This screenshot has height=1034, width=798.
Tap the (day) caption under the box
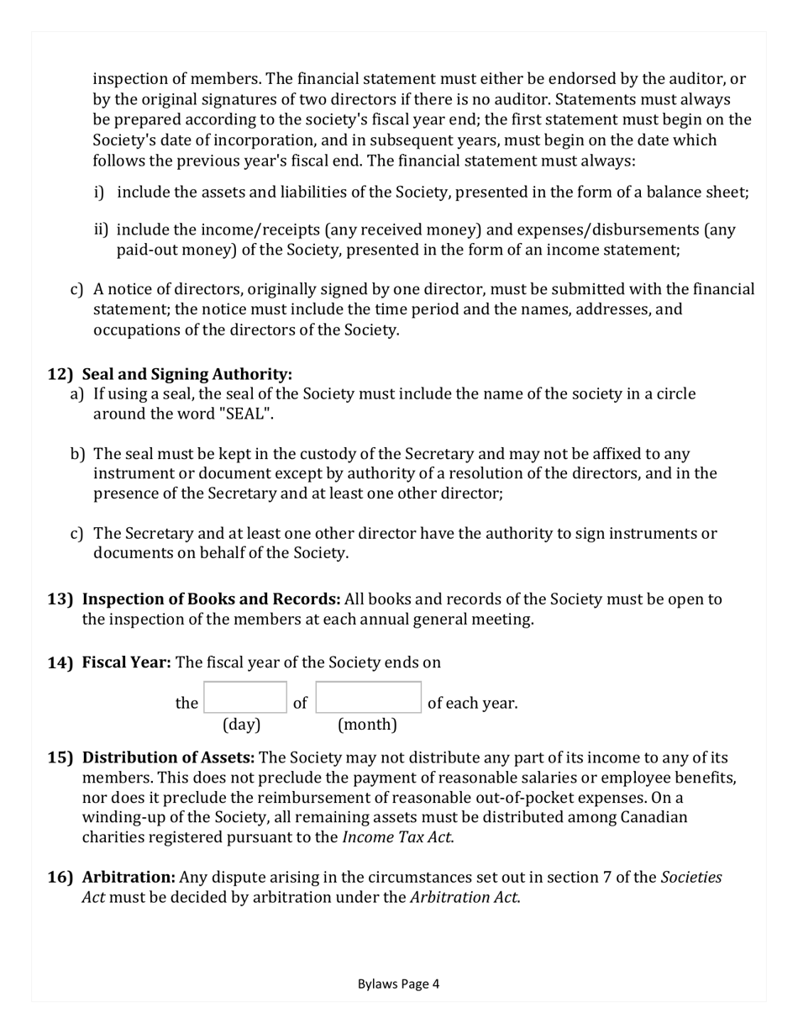click(241, 724)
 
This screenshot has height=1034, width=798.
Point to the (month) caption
click(367, 724)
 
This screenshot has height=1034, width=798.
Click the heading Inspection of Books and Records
click(211, 599)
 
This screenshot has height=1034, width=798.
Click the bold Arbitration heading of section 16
click(129, 878)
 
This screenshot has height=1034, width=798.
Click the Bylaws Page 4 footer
click(398, 984)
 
